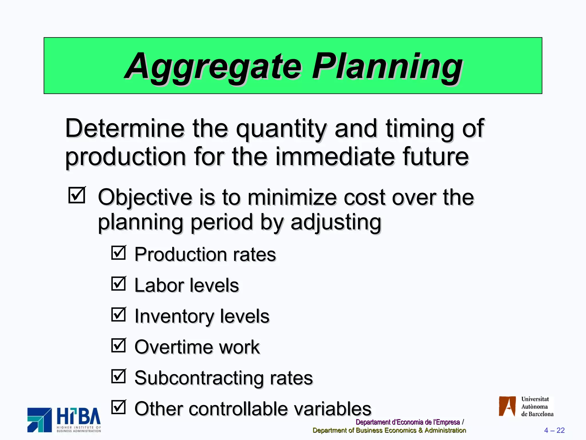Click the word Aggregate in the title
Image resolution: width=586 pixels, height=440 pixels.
pyautogui.click(x=213, y=66)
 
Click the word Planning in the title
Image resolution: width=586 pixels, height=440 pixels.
pyautogui.click(x=387, y=66)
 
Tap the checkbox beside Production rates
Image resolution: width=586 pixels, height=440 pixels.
pyautogui.click(x=118, y=253)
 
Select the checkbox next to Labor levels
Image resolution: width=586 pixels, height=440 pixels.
pyautogui.click(x=118, y=284)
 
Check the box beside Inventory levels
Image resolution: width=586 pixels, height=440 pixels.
pyautogui.click(x=118, y=314)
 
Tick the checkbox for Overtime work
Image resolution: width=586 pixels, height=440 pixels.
pyautogui.click(x=118, y=345)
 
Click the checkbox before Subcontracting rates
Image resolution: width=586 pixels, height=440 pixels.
pyautogui.click(x=118, y=376)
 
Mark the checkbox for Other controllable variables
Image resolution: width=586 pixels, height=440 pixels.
pyautogui.click(x=118, y=407)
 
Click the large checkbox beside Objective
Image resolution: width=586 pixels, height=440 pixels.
pyautogui.click(x=77, y=195)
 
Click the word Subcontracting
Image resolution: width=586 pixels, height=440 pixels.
pyautogui.click(x=199, y=378)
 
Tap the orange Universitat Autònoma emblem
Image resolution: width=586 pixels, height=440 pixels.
pyautogui.click(x=507, y=406)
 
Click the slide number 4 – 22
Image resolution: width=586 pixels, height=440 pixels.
pyautogui.click(x=554, y=430)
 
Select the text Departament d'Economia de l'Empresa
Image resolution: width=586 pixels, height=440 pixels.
pyautogui.click(x=407, y=422)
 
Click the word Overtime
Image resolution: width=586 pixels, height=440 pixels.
pyautogui.click(x=173, y=347)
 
